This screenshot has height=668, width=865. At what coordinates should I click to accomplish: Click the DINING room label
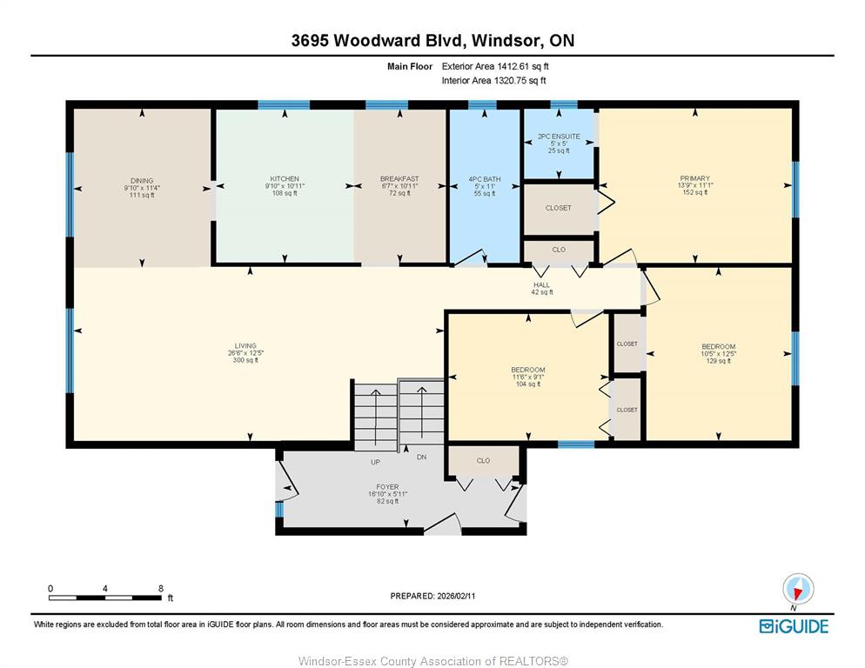[x=142, y=181]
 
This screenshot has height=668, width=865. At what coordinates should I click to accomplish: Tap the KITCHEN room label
[x=285, y=178]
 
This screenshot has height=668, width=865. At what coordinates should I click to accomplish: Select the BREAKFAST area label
[x=399, y=178]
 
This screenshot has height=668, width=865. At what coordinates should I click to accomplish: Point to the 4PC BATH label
[x=485, y=179]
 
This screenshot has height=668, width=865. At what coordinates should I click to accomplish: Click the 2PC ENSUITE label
[x=559, y=137]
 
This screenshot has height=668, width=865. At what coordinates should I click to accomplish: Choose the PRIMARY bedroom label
[x=694, y=178]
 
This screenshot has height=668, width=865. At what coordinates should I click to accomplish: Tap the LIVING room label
[x=245, y=346]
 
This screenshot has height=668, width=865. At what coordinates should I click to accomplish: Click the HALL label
[x=542, y=284]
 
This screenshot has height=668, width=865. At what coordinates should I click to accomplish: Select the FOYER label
[x=387, y=487]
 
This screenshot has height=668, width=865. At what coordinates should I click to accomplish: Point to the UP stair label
[x=375, y=462]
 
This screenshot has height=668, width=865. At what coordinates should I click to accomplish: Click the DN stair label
[x=421, y=458]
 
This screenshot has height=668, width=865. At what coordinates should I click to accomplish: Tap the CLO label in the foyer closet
[x=483, y=461]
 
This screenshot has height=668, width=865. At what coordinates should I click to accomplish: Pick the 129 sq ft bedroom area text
[x=718, y=361]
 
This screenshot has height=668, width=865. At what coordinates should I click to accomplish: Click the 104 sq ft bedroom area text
[x=528, y=384]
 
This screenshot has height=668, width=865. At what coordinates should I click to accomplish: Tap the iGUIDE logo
[x=794, y=626]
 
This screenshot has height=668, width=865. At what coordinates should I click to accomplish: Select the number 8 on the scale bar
[x=160, y=589]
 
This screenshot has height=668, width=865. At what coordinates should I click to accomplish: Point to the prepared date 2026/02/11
[x=456, y=596]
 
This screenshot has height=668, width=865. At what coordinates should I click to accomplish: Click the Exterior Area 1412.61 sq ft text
[x=495, y=66]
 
